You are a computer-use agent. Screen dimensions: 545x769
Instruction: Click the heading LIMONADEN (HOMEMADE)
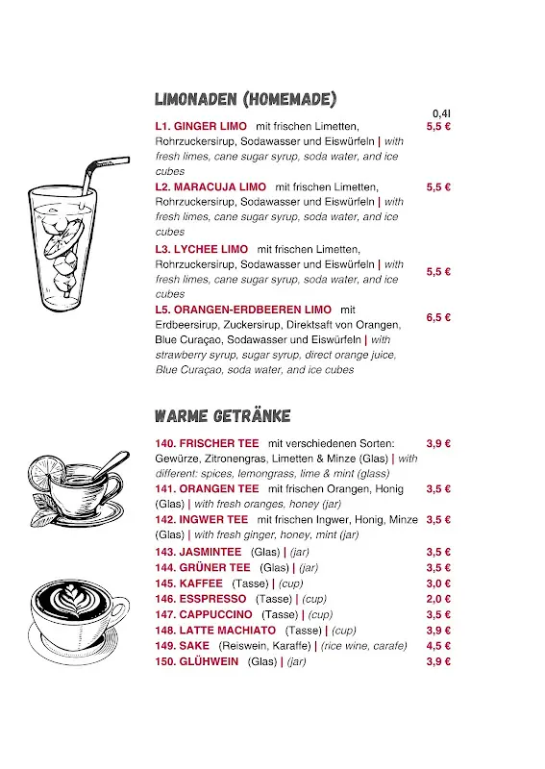(x=245, y=99)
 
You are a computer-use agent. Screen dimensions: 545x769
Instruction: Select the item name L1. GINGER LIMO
(x=201, y=126)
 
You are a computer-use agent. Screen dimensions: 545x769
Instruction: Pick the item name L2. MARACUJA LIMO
(x=211, y=186)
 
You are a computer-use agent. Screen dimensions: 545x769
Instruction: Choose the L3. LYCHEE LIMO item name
(x=202, y=249)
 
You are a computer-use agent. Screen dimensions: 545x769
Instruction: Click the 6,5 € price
(x=438, y=317)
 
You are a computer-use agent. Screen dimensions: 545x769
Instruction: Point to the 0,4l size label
(x=441, y=113)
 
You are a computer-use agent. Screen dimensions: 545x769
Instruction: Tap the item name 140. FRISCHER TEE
(x=207, y=443)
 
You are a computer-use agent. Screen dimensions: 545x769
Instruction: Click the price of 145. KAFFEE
(x=438, y=583)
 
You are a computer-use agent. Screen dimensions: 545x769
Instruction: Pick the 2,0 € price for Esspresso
(x=438, y=599)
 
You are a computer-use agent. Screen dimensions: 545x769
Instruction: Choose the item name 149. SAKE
(x=182, y=646)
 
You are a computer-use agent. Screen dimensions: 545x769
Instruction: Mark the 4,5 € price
(x=438, y=646)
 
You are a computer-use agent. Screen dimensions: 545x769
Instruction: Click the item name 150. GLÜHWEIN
(x=196, y=661)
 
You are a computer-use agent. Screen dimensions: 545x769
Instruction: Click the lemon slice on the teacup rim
(x=45, y=472)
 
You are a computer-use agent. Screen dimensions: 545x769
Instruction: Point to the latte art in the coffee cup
(x=72, y=600)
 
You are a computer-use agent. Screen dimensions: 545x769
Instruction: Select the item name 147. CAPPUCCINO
(x=204, y=614)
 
